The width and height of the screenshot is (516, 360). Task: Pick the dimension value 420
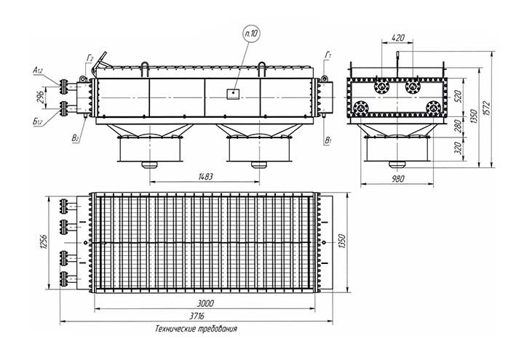(x=397, y=36)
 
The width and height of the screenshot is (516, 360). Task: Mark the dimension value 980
(x=397, y=177)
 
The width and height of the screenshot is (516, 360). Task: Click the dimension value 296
(x=42, y=95)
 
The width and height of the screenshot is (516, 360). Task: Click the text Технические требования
(x=196, y=329)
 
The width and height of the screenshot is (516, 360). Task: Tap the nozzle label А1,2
(x=37, y=71)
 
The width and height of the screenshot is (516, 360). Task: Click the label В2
(x=76, y=137)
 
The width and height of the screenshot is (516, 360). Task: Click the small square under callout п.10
(x=231, y=92)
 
